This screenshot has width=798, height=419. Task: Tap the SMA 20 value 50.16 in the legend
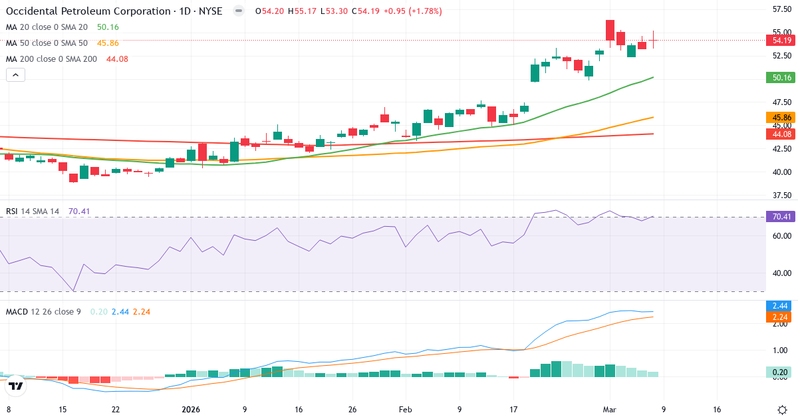coord(108,27)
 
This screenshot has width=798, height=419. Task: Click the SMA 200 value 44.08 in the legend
coord(117,59)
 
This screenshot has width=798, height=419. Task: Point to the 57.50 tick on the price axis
coord(781,9)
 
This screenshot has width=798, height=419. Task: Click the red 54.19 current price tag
coord(781,41)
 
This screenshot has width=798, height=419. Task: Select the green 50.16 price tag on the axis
coord(781,78)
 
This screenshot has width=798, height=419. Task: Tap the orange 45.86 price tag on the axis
coord(781,118)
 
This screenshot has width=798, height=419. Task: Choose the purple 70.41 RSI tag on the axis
coord(781,217)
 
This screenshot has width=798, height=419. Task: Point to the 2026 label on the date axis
coord(191,410)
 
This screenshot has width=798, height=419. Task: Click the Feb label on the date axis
coord(406,410)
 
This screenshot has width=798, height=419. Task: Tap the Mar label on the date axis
coord(610,410)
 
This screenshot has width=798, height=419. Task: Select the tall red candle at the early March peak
coord(610,30)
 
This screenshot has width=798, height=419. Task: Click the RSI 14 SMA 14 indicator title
coord(33,211)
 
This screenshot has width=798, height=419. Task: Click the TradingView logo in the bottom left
coord(15,385)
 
